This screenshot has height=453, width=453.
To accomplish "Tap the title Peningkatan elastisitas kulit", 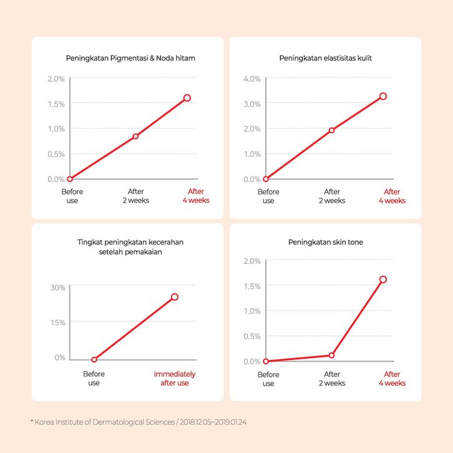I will [325, 58].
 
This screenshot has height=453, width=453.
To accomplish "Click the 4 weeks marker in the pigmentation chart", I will [187, 98].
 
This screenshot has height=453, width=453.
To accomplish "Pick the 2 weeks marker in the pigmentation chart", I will [135, 136].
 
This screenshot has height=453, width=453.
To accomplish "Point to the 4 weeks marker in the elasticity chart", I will [383, 96].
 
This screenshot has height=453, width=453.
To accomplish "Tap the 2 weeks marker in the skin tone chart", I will [331, 355].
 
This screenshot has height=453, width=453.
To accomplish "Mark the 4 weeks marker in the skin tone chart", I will [383, 279].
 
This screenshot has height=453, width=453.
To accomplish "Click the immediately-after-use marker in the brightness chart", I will [175, 297].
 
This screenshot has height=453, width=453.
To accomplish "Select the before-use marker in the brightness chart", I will [94, 359].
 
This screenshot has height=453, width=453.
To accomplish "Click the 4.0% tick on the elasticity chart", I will [251, 79].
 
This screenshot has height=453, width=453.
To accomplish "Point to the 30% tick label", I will [58, 288].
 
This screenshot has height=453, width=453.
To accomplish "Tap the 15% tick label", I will [58, 323].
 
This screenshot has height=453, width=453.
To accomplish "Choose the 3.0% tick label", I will [251, 104].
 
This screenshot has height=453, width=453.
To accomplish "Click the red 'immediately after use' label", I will [175, 378].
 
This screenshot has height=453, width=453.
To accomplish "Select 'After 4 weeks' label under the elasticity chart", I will [392, 196].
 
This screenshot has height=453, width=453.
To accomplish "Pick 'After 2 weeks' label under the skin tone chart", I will [331, 378].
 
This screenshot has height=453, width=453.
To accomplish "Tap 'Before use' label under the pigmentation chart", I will [72, 196].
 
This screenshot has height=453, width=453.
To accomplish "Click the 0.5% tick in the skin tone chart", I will [251, 336].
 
